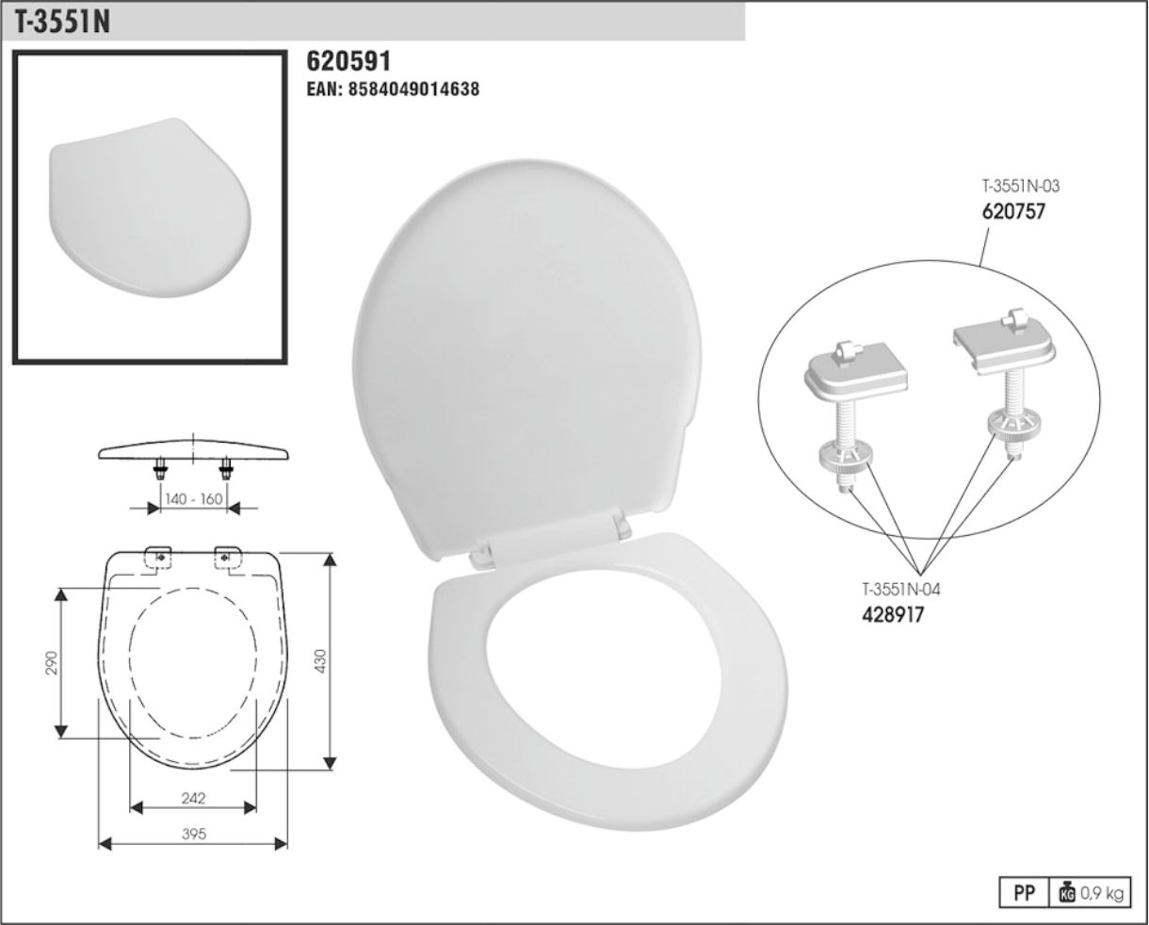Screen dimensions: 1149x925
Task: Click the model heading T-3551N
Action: [x=62, y=23]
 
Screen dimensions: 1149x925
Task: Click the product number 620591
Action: [x=348, y=61]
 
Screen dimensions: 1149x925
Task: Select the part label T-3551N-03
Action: [x=1020, y=186]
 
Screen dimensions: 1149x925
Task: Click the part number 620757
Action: [x=1012, y=212]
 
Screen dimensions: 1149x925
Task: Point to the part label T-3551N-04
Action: [x=901, y=589]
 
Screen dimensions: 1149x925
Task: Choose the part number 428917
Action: [x=893, y=615]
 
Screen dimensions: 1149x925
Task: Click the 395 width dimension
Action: [x=193, y=834]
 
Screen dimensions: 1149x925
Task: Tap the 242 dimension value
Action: [x=193, y=798]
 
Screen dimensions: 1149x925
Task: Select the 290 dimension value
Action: [x=51, y=662]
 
